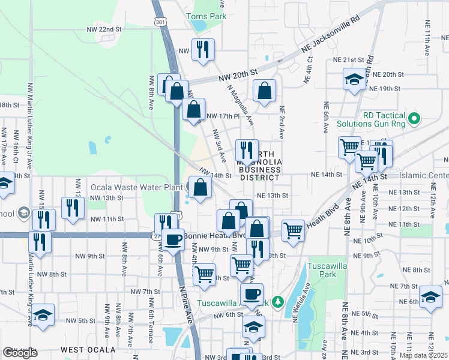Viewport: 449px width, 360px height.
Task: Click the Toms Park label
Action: point(206,16)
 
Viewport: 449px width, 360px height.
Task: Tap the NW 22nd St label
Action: point(104,29)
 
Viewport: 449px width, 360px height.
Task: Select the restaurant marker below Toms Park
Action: point(202,50)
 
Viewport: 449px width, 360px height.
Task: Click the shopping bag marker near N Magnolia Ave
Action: point(264,92)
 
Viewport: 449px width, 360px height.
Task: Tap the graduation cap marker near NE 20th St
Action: point(354,80)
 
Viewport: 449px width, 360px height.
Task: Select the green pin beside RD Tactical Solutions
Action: point(414,120)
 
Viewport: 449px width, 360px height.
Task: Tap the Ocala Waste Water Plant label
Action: point(136,187)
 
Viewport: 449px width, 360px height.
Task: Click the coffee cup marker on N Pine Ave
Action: point(173,240)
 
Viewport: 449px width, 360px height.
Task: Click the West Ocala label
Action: point(88,350)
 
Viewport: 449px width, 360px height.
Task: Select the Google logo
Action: point(20,353)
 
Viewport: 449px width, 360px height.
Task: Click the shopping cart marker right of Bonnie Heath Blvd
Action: point(292,230)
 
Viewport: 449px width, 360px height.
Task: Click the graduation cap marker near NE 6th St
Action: point(430,298)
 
